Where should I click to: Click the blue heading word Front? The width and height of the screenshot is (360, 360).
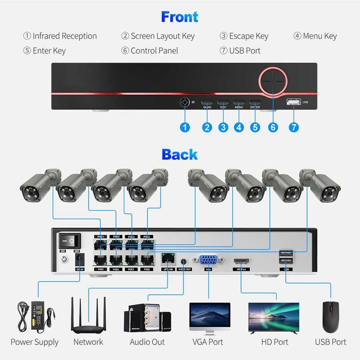[179, 16]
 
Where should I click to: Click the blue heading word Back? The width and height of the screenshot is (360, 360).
[179, 154]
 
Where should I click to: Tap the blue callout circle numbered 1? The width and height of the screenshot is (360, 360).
[185, 127]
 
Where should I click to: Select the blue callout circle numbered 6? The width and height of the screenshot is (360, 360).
[273, 127]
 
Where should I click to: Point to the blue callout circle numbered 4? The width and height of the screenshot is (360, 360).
[238, 127]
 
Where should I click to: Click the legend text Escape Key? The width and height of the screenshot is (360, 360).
[244, 36]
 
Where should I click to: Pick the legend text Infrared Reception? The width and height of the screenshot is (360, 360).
[60, 36]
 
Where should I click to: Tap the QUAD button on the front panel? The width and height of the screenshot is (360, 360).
[207, 102]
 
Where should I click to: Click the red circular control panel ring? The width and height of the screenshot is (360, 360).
[273, 81]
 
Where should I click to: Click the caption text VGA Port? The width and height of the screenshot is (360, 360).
[208, 341]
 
